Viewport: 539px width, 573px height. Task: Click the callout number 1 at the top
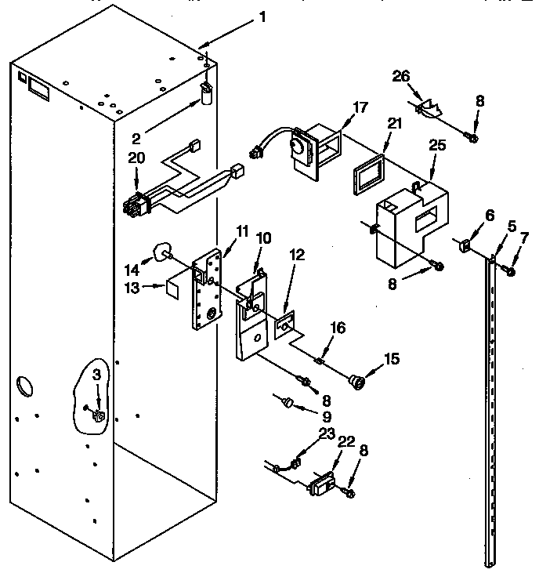tap(262, 16)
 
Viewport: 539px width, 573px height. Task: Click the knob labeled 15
tap(359, 382)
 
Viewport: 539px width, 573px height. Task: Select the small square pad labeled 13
tap(175, 286)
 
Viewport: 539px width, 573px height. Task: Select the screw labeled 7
tap(508, 271)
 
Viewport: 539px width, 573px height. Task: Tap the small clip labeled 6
tap(464, 247)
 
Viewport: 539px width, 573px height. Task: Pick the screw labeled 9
tap(288, 402)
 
